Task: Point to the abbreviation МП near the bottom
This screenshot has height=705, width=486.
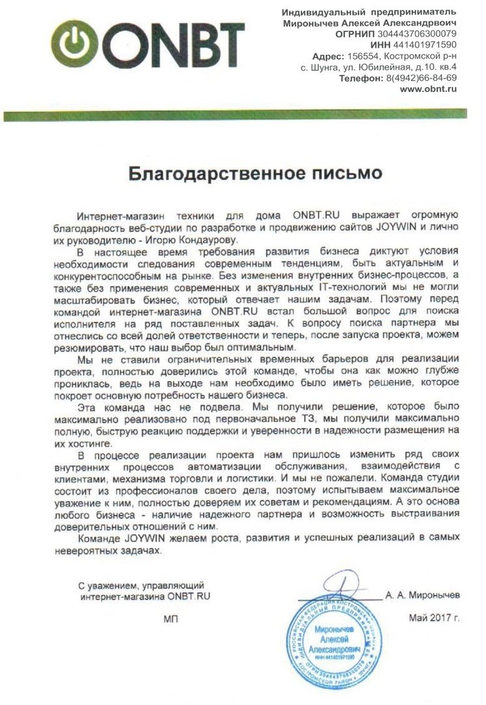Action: [x=171, y=618]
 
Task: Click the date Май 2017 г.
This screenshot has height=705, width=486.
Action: [x=434, y=618]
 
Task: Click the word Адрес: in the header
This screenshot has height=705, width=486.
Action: [x=327, y=55]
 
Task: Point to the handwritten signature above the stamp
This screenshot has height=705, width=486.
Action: [x=339, y=583]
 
